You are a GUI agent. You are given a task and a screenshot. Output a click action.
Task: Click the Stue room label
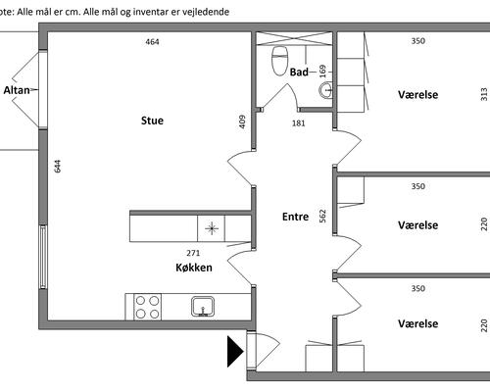click(152, 121)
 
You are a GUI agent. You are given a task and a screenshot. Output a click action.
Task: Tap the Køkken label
click(194, 268)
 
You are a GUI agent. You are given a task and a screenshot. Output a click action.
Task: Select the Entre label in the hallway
click(295, 217)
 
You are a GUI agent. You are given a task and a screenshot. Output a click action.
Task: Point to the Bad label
click(299, 72)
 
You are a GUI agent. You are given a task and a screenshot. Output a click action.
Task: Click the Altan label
click(17, 90)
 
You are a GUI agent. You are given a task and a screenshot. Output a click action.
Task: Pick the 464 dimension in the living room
click(152, 42)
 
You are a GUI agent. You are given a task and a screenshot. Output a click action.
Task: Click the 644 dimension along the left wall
click(58, 166)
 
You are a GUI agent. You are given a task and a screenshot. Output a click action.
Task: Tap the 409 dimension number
click(242, 122)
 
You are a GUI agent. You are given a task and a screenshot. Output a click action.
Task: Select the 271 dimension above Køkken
click(193, 253)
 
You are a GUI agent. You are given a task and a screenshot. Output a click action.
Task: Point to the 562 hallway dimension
click(322, 216)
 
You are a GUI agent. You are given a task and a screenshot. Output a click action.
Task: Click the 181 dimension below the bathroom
click(299, 123)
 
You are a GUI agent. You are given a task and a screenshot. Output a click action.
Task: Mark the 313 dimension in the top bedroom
click(484, 94)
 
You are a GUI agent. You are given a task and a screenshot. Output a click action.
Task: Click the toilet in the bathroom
click(279, 61)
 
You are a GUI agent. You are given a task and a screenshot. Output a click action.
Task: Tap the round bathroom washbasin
click(325, 90)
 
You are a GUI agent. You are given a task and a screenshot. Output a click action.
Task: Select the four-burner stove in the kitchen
click(147, 307)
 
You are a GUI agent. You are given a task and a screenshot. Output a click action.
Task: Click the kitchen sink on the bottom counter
click(203, 307)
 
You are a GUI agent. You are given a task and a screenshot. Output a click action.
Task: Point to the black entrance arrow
click(235, 352)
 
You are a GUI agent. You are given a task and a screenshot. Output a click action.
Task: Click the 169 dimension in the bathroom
click(322, 72)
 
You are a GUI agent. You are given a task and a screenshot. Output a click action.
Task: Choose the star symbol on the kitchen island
click(212, 228)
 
